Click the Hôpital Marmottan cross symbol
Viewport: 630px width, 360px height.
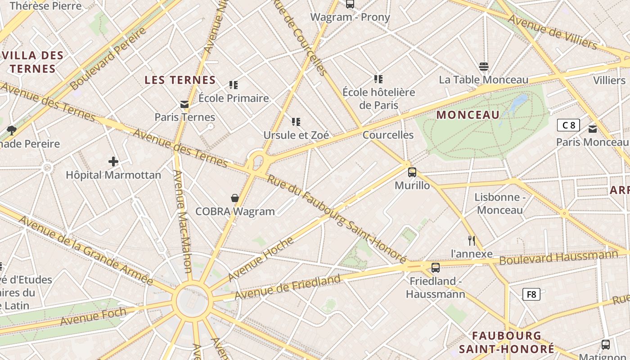tap(113, 161)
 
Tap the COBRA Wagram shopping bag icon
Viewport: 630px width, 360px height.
tap(234, 198)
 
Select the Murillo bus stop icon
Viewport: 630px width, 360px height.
tap(412, 172)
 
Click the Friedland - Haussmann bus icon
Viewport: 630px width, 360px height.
tap(435, 267)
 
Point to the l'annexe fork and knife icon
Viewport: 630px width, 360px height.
tap(471, 240)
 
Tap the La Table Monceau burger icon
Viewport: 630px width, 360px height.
tap(484, 67)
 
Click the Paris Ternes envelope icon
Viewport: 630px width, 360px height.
tap(184, 104)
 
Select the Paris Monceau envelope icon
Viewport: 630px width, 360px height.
tap(592, 129)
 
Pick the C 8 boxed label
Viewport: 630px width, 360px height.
tap(568, 125)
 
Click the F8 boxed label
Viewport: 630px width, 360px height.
tap(531, 294)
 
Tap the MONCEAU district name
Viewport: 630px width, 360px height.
tap(468, 115)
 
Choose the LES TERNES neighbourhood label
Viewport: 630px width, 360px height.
tap(180, 80)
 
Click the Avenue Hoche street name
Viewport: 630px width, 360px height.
tap(261, 258)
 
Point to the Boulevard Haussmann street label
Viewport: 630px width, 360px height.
tap(558, 257)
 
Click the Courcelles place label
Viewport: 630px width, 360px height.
tap(387, 135)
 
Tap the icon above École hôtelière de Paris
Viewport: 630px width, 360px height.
tap(378, 79)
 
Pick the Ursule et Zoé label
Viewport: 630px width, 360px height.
tap(296, 135)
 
